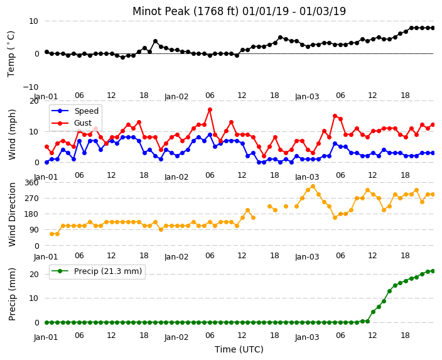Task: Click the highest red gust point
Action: pos(210,109)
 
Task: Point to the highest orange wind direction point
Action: pos(313,186)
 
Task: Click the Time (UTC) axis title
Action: pos(239,349)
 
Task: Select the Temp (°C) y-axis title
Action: pos(11,54)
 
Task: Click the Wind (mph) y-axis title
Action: pos(12,135)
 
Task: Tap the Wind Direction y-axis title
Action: pos(12,215)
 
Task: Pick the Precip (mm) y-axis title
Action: pos(12,295)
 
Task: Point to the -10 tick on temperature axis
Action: pos(30,87)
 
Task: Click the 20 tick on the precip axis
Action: pos(34,274)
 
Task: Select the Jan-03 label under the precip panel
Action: pos(307,337)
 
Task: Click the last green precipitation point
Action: pos(433,271)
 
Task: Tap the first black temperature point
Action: pos(47,52)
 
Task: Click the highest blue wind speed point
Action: pos(210,135)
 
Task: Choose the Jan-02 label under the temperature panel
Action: pos(176,97)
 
